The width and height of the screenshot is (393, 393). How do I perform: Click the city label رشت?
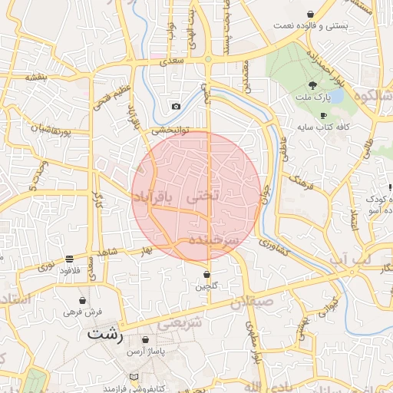click(x=105, y=334)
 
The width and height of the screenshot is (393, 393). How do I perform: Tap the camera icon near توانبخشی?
click(x=176, y=106)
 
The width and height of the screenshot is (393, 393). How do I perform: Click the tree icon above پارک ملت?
click(x=312, y=84)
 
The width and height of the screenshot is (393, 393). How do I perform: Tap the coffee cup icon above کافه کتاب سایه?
click(x=323, y=114)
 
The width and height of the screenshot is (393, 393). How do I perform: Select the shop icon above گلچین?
click(x=207, y=274)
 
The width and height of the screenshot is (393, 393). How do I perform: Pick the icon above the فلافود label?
click(x=69, y=259)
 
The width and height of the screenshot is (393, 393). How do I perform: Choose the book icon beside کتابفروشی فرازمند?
click(x=134, y=377)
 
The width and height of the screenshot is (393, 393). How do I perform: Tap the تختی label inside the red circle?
click(x=203, y=196)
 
